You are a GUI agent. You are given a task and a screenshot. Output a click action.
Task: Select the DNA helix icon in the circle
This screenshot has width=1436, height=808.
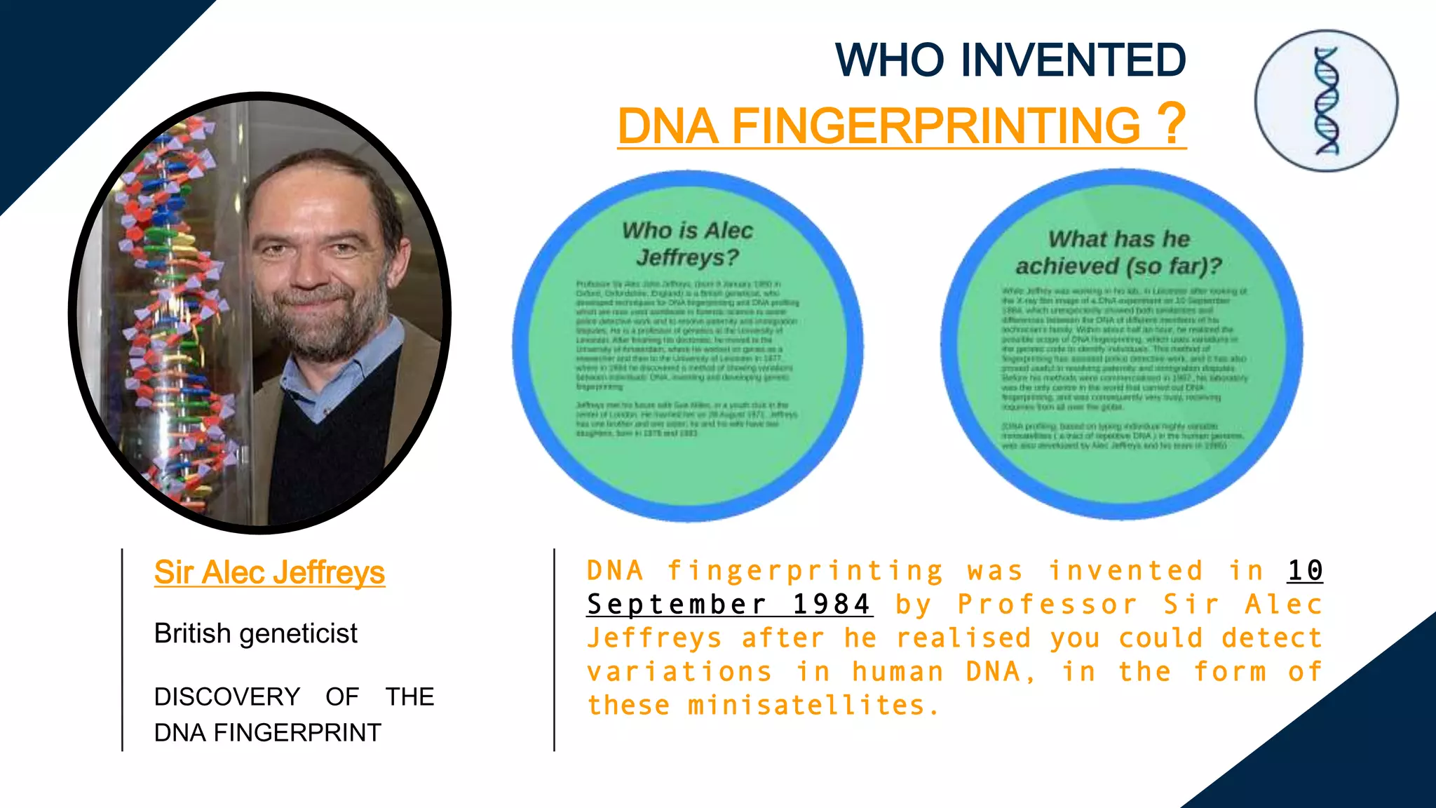pos(1326,101)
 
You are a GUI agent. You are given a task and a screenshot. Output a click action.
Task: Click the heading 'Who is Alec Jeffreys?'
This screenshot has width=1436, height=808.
pos(687,243)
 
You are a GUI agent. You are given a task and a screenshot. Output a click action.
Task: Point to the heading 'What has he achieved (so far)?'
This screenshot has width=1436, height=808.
pos(1118,252)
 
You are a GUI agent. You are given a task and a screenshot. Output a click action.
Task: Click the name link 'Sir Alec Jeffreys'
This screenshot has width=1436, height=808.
pos(269,572)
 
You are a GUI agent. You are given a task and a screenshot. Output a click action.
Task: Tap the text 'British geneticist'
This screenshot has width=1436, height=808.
pos(255,633)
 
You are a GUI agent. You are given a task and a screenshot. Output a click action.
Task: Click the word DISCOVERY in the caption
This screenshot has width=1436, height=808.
pos(226,696)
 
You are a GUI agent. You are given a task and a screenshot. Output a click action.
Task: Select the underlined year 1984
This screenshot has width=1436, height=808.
pos(832,604)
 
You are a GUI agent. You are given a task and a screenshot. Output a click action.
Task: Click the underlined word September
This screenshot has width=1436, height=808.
pos(677,604)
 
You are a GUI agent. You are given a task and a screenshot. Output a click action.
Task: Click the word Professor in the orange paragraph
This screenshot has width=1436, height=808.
pos(1048,604)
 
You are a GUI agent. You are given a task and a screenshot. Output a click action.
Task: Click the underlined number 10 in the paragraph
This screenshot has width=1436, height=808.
pos(1305,570)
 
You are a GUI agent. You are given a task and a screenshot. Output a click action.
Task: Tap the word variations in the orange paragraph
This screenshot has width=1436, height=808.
pos(680,671)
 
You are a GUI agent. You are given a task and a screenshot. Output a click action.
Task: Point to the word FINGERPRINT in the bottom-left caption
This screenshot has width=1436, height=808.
pos(297,732)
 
